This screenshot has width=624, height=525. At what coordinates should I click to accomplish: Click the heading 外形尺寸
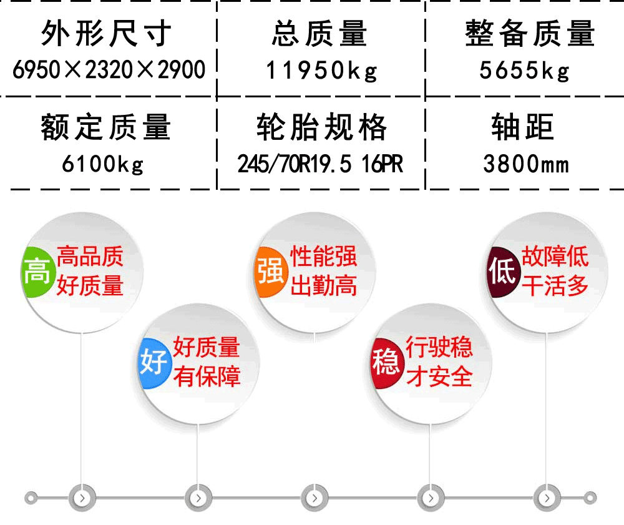point(106,34)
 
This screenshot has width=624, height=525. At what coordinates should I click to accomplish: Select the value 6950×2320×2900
point(109,70)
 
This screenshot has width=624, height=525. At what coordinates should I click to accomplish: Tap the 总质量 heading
point(319,34)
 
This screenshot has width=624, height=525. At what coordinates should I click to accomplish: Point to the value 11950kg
point(322,71)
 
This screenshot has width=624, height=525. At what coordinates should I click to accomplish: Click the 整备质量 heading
point(530,34)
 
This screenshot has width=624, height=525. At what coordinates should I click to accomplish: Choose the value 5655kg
point(525,71)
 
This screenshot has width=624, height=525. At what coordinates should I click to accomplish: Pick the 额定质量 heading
point(106,128)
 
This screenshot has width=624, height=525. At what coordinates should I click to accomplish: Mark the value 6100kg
point(104,164)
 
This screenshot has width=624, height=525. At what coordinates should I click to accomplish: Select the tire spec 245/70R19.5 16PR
point(320,164)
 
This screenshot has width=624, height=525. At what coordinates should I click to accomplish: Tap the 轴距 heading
point(523,128)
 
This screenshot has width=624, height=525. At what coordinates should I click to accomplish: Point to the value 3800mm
point(526,164)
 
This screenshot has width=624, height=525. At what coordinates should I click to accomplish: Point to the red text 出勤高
point(324,286)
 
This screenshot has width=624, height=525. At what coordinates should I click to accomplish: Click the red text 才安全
point(439,376)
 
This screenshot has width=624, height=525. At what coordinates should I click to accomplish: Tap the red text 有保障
point(207,376)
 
